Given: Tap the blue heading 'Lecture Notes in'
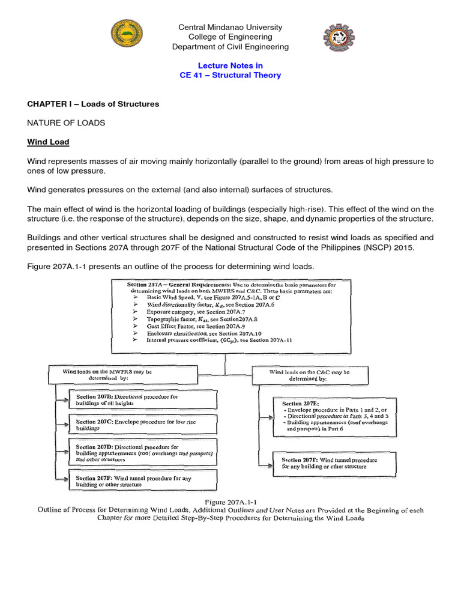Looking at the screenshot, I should (x=230, y=65).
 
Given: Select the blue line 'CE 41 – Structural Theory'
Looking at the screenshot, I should (x=230, y=75).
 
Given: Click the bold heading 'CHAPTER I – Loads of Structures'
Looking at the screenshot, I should (x=93, y=104).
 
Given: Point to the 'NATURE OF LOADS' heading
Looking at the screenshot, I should (x=66, y=123).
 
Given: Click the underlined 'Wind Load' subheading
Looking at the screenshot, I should (x=48, y=142).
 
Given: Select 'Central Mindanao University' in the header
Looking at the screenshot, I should (x=230, y=28).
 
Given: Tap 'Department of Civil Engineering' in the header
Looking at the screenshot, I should (x=230, y=47).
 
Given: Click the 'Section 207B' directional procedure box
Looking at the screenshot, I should (x=137, y=400).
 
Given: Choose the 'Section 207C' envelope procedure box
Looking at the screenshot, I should (x=137, y=425).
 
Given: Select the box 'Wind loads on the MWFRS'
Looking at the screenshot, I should (x=123, y=375).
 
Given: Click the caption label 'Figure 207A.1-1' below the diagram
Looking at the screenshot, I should (x=230, y=501).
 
